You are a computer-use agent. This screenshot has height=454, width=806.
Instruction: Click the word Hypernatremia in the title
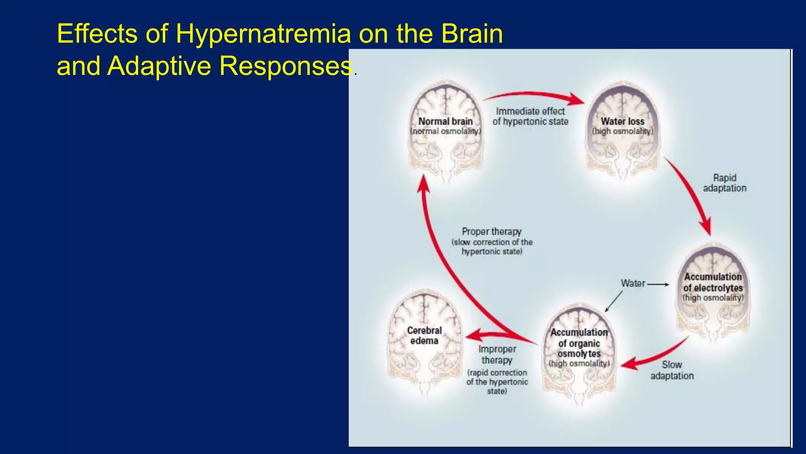click(263, 34)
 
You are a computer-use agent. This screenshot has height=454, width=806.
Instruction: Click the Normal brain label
click(446, 121)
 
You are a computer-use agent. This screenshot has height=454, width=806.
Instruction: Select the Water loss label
click(622, 121)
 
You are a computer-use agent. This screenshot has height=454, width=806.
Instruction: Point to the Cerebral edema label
click(424, 335)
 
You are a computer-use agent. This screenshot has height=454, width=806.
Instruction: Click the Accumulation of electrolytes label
click(713, 282)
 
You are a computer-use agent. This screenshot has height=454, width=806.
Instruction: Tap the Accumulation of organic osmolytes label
click(579, 343)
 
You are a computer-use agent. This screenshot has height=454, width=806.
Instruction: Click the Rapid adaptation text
click(725, 183)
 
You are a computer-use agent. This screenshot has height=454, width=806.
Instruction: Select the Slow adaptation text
click(672, 370)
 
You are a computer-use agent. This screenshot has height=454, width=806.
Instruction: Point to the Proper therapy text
click(492, 232)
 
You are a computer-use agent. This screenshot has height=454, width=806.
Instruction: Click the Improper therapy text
click(497, 354)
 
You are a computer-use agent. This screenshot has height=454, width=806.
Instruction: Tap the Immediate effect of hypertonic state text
click(530, 116)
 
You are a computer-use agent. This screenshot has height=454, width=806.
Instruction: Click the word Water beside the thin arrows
click(633, 283)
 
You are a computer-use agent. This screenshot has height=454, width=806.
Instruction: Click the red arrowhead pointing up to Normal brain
click(423, 185)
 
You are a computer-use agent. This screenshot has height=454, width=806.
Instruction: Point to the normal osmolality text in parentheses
click(446, 131)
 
